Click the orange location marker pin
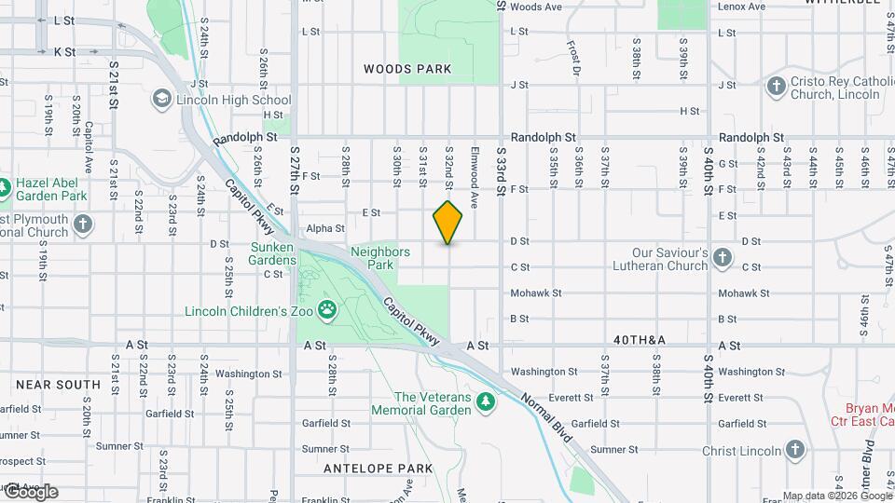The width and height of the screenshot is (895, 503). [447, 223]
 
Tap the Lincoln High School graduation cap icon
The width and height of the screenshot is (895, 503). [162, 100]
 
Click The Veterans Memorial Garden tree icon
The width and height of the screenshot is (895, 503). [484, 401]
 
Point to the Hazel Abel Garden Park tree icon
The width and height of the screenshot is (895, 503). [5, 188]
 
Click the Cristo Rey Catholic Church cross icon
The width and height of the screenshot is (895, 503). [775, 87]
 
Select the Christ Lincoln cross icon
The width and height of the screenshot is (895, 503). [794, 451]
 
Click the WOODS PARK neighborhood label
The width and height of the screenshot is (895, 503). [407, 69]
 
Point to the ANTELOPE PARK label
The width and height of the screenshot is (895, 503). [379, 468]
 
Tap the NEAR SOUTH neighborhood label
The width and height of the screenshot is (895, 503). [58, 384]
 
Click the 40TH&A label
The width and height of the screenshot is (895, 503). [640, 340]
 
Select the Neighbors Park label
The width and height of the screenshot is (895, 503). [380, 258]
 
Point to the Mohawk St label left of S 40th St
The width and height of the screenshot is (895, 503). [536, 292]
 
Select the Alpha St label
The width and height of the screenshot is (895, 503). [325, 228]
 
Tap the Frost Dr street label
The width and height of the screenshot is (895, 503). [575, 58]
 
